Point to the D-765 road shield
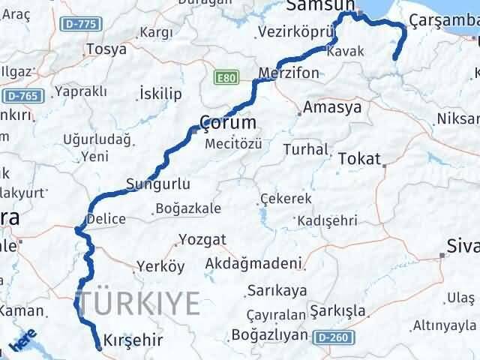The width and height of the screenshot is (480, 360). (24, 96)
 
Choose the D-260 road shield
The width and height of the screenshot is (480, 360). (331, 338)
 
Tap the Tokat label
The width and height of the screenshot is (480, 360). (360, 158)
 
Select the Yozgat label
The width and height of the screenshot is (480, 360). (202, 240)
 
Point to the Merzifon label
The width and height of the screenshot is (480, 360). (289, 73)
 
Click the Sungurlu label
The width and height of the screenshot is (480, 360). (157, 184)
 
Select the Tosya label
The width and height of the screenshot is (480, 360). (106, 49)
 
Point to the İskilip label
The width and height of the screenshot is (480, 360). (160, 93)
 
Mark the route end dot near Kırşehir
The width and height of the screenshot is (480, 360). (99, 348)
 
